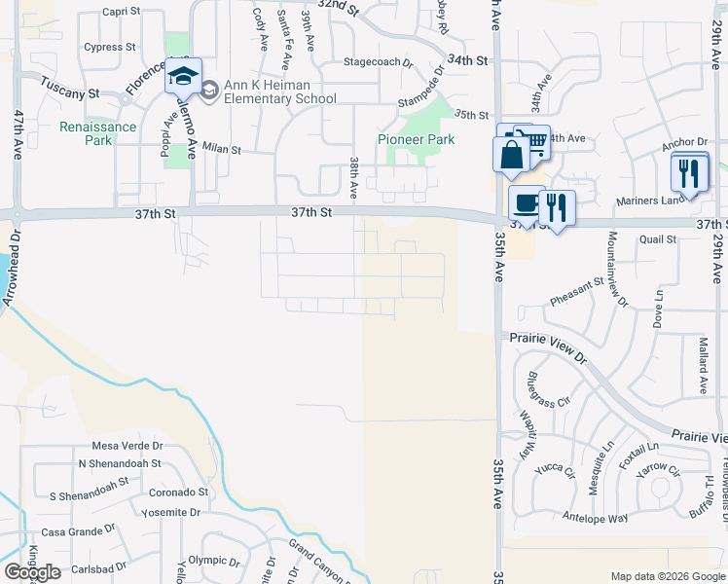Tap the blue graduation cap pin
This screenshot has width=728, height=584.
[182, 74]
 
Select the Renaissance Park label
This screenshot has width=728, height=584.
[99, 133]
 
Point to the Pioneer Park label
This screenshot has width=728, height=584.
[417, 139]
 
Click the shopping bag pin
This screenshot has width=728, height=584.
[511, 154]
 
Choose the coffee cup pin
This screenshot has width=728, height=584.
[526, 203]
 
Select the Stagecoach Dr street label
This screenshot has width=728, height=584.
[379, 61]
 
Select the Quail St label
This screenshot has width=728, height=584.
[658, 238]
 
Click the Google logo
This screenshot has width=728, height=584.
[32, 572]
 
